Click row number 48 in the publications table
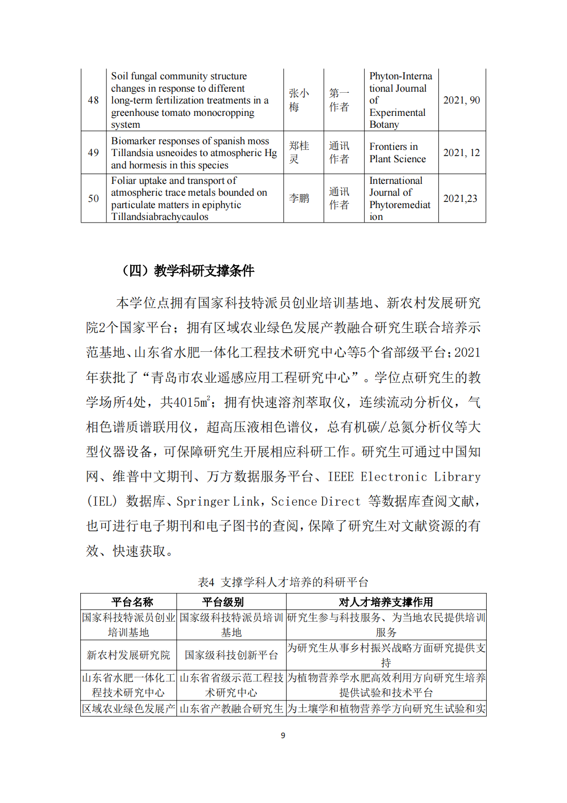coord(93,100)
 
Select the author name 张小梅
coord(298,100)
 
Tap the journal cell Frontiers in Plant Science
coord(397,153)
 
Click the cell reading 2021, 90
coord(462,100)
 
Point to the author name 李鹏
coord(298,198)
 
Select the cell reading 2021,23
coord(460,198)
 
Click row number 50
coord(93,198)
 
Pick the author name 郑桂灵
coord(298,152)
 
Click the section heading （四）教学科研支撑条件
coord(188,270)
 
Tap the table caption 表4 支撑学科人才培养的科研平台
coord(283,582)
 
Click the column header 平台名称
coord(132,602)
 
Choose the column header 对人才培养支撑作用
coord(385,602)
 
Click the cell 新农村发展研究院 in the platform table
coord(128,655)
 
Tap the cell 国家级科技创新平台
coord(231,655)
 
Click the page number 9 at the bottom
coord(283,735)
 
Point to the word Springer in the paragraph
coord(203,501)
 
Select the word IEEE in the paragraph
coord(341,476)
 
